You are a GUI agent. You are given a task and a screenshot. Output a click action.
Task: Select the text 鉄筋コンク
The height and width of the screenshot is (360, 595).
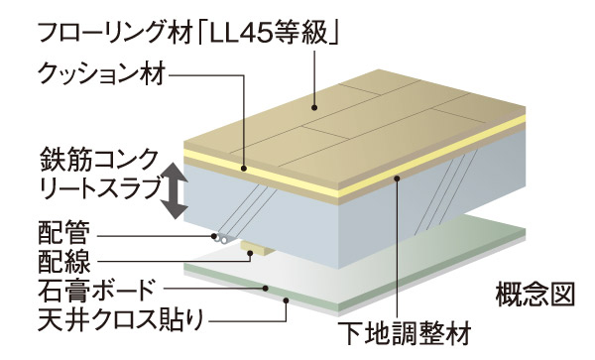click(x=90, y=158)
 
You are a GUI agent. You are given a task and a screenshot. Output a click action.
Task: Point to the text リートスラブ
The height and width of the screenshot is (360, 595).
click(x=90, y=187)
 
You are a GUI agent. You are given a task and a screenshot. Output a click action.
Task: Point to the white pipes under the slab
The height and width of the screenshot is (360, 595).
click(x=223, y=238)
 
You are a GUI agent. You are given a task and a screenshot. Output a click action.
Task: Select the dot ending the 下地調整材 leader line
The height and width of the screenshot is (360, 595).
click(x=395, y=180)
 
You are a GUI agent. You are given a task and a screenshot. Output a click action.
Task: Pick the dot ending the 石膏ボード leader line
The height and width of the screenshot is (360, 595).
click(x=267, y=288)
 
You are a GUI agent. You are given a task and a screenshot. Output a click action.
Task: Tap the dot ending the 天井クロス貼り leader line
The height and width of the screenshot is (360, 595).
click(x=287, y=299)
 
